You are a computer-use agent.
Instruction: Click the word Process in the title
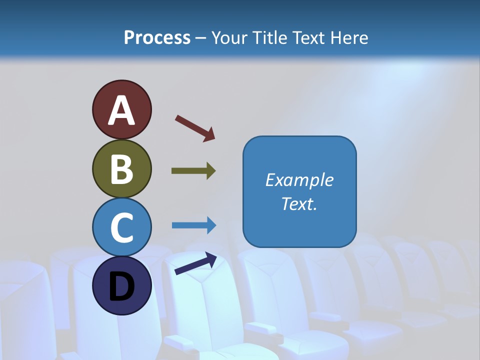pos(157,38)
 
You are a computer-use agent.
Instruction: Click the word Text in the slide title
pos(309,38)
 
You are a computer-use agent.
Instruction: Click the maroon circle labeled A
pos(121,109)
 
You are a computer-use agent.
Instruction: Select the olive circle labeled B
pos(121,168)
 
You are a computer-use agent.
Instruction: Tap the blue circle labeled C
pos(121,227)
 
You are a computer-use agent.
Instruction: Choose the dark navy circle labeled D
pos(121,285)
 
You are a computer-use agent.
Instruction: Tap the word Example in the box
pos(299,180)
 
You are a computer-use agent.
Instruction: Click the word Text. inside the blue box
pos(299,204)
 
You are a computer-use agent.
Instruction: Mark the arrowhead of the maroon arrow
pos(209,135)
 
